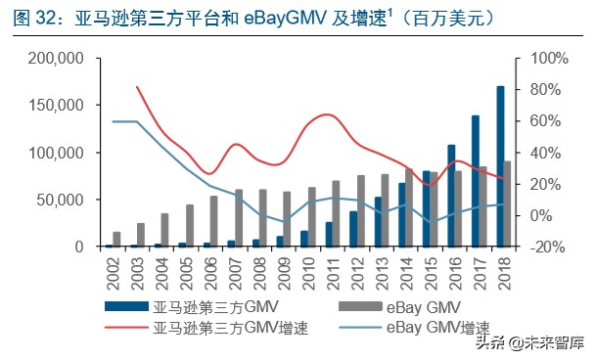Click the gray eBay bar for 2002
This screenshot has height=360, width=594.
[x=117, y=240]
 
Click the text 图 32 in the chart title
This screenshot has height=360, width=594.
[x=31, y=19]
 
